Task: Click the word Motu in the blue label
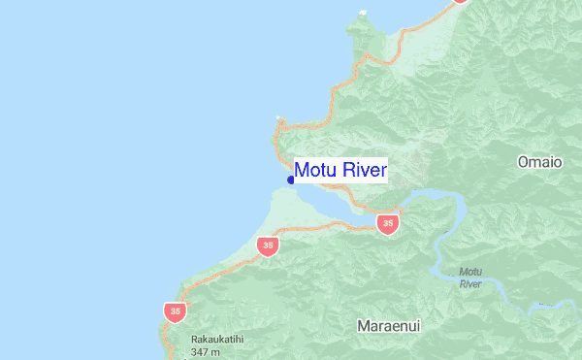(315, 170)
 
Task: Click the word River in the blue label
(364, 170)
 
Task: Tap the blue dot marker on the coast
(291, 180)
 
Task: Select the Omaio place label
(540, 162)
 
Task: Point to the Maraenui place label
(389, 326)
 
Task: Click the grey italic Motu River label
(470, 278)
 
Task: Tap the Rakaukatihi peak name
(216, 339)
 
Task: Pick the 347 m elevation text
(208, 351)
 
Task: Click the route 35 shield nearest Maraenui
(388, 224)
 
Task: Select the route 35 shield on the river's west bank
(269, 245)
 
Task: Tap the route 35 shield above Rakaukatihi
(175, 311)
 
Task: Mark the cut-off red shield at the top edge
(460, 2)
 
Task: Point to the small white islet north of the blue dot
(278, 119)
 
